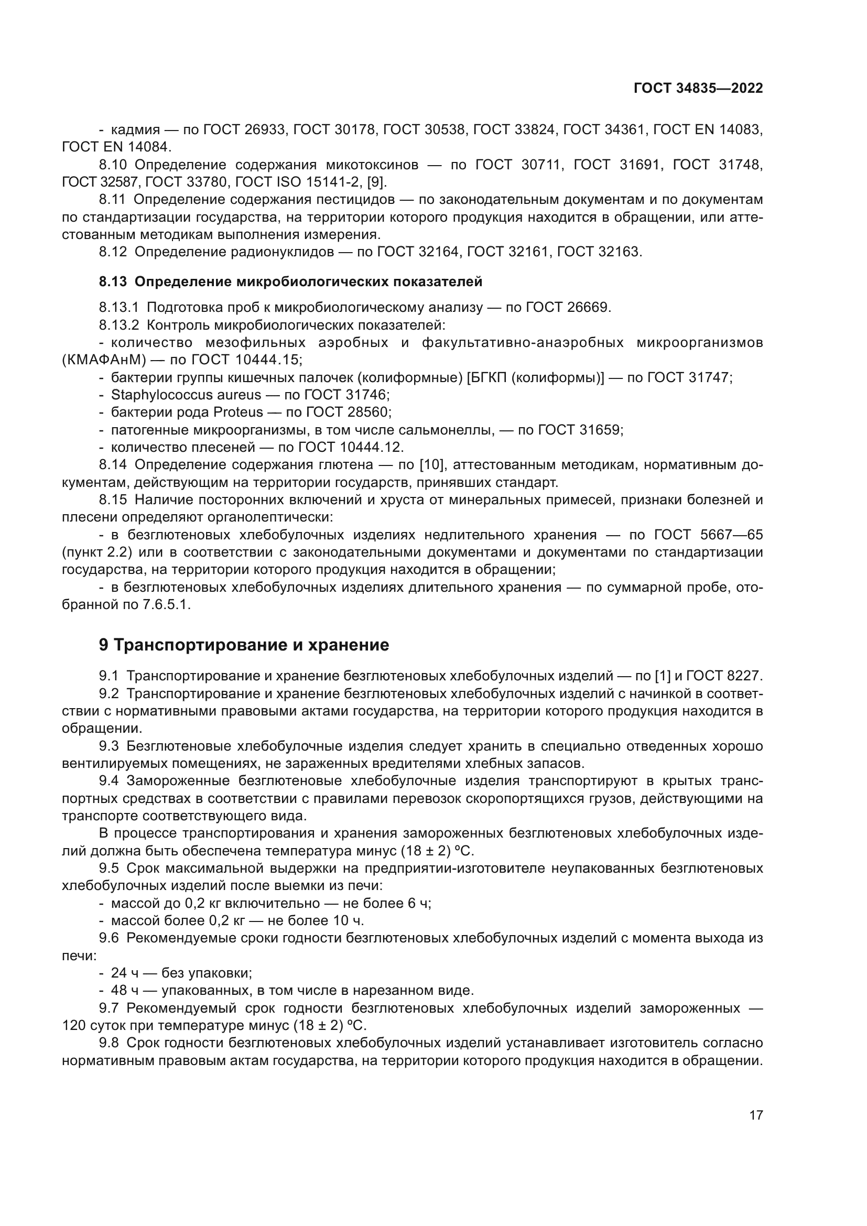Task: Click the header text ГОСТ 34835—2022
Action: pyautogui.click(x=698, y=89)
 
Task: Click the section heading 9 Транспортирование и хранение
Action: pyautogui.click(x=244, y=645)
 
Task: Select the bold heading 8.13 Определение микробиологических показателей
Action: pyautogui.click(x=290, y=281)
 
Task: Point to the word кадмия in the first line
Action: pyautogui.click(x=136, y=130)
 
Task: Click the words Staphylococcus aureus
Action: pyautogui.click(x=186, y=395)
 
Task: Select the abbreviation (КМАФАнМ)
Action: pyautogui.click(x=104, y=360)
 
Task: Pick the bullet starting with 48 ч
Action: pyautogui.click(x=291, y=991)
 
